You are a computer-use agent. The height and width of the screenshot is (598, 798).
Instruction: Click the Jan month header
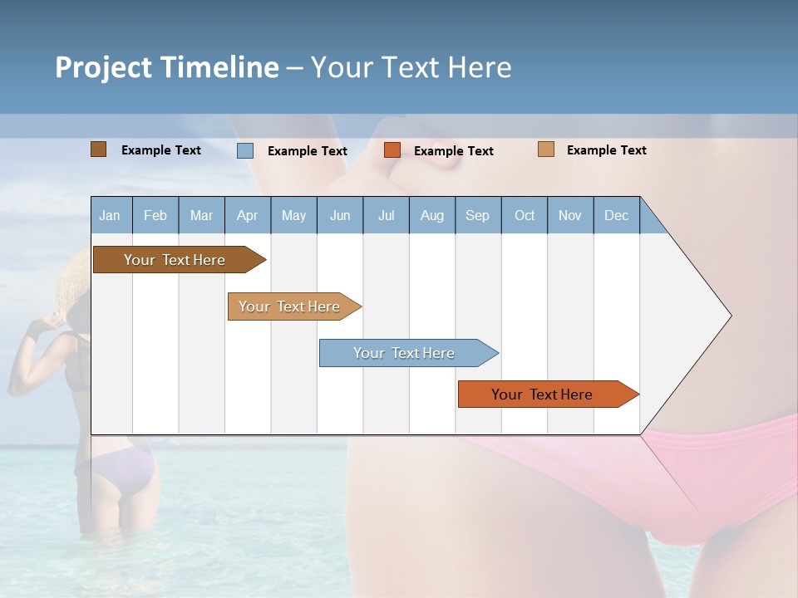click(111, 215)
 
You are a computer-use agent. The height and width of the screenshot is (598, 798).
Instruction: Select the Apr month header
click(248, 215)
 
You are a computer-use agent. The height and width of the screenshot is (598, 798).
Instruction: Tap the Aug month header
click(432, 215)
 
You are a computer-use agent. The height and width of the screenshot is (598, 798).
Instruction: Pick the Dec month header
click(616, 215)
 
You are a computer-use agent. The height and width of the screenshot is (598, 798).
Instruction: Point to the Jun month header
click(340, 215)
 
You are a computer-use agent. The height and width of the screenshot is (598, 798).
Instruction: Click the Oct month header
click(525, 215)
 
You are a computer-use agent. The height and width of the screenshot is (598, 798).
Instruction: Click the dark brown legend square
click(98, 149)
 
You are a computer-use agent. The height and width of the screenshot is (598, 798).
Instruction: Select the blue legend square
click(244, 150)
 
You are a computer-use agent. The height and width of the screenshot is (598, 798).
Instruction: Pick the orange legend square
click(392, 150)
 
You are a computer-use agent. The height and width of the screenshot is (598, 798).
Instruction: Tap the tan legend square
click(545, 149)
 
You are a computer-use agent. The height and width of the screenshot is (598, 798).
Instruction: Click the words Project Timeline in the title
click(167, 67)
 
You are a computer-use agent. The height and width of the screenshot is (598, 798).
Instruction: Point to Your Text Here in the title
click(411, 67)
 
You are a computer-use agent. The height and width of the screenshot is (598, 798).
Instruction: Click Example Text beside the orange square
click(454, 151)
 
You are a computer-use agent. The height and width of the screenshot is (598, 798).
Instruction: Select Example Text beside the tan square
click(607, 150)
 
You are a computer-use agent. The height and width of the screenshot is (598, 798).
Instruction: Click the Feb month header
click(155, 215)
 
